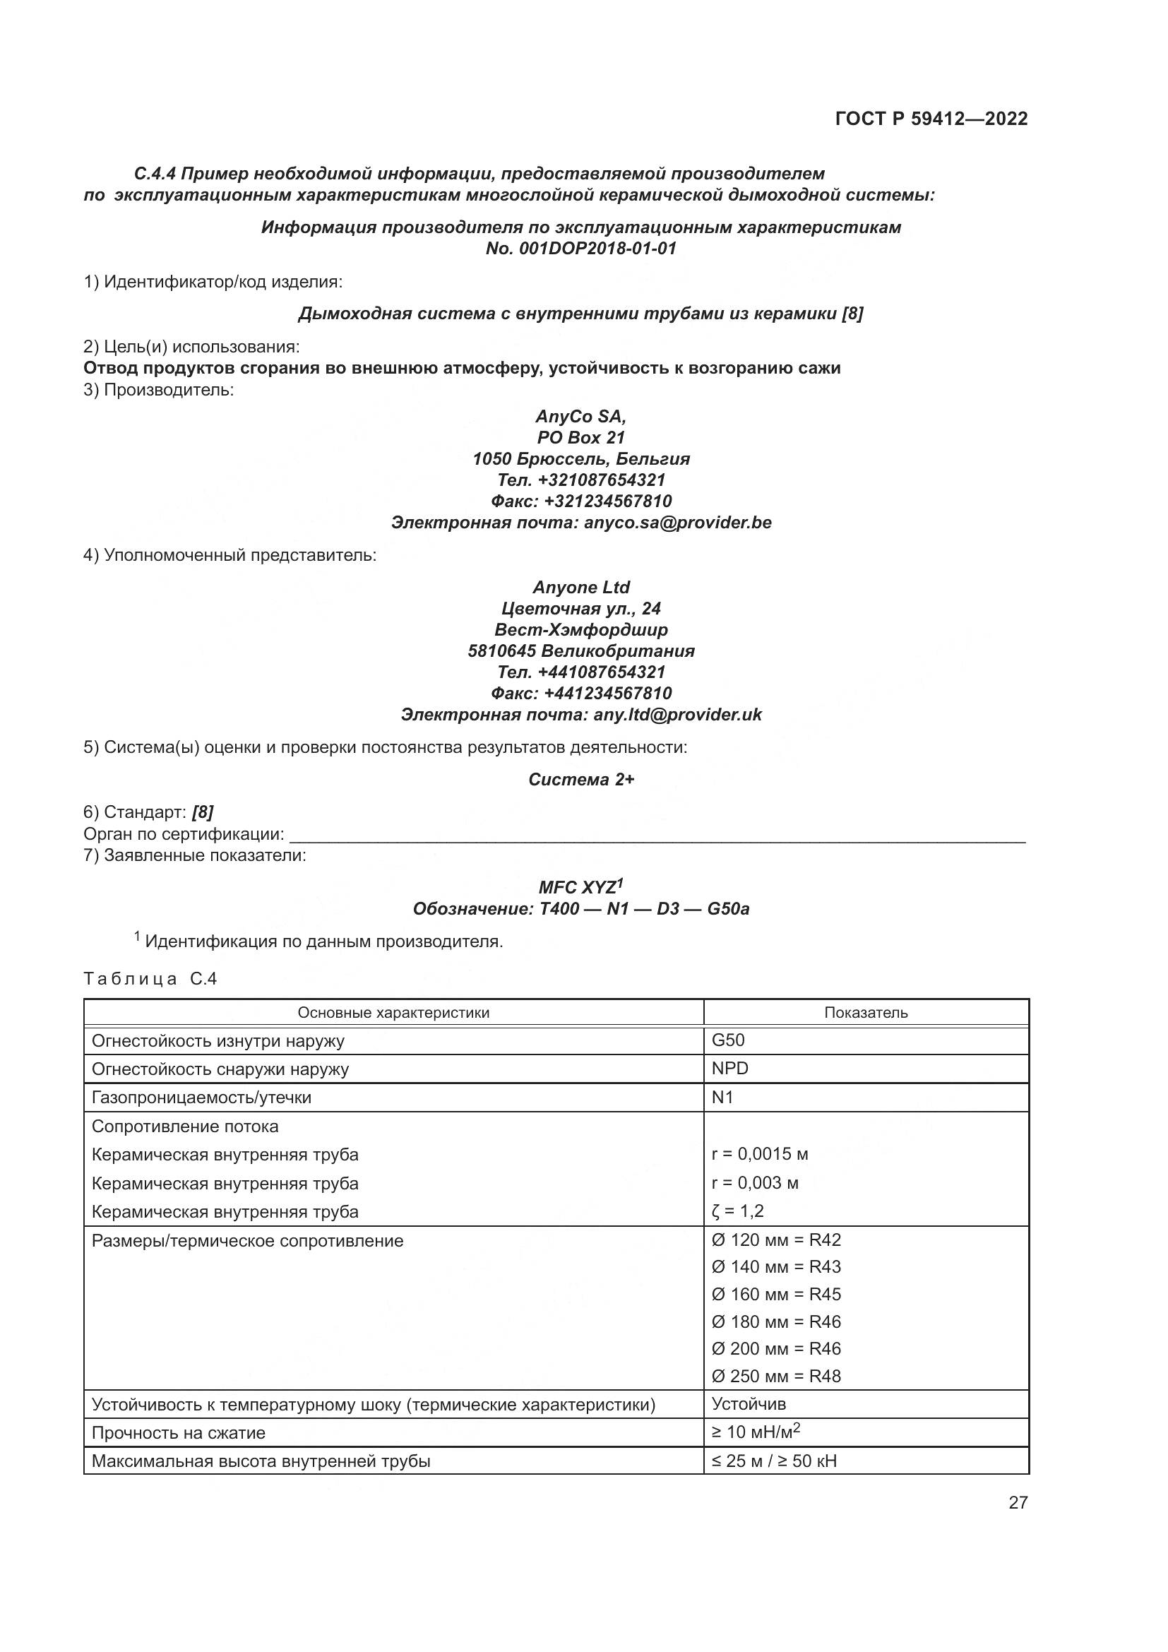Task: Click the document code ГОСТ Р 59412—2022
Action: [931, 119]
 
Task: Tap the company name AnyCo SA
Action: [580, 417]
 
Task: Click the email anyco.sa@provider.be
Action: [677, 523]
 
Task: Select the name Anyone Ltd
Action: [581, 587]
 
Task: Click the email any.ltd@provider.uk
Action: [677, 715]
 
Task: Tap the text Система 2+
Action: [581, 780]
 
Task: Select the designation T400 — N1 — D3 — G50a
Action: [644, 910]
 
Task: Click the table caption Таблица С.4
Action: [150, 978]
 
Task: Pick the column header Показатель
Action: [865, 1013]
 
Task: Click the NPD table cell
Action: [730, 1069]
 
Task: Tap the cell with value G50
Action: [728, 1040]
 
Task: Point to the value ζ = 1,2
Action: [737, 1212]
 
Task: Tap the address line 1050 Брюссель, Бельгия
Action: [580, 459]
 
